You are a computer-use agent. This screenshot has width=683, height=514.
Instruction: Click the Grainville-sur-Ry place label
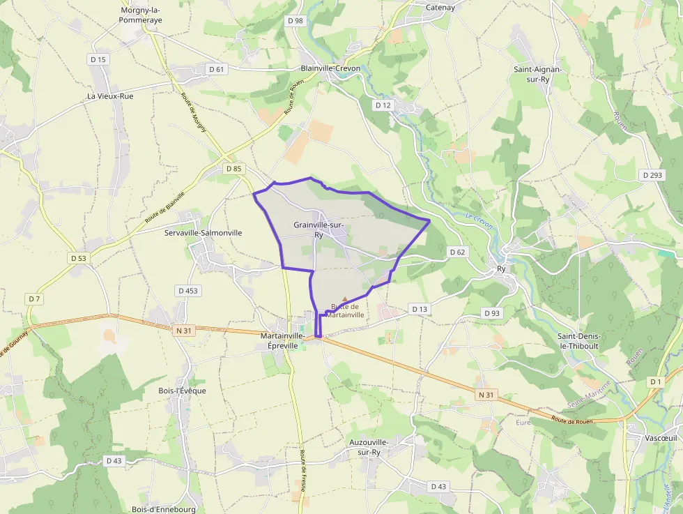pos(319,229)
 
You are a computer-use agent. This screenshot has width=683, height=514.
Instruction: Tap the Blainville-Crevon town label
pos(330,68)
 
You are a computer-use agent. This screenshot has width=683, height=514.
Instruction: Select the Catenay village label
pos(440,8)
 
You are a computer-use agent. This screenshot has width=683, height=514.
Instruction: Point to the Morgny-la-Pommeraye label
pos(141,15)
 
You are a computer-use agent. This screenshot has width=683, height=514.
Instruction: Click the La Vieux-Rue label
pos(110,96)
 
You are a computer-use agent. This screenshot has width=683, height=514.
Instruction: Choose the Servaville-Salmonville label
pos(203,232)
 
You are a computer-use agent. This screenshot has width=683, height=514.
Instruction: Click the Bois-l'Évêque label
pos(183,391)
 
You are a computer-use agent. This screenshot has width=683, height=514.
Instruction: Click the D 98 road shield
pos(296,21)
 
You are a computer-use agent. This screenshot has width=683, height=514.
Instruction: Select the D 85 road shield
pos(233,169)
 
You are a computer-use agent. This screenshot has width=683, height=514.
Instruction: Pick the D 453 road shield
pos(187,290)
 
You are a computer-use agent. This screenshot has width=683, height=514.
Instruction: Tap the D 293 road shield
pos(652,175)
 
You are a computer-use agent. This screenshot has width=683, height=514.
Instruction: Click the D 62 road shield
pos(457,252)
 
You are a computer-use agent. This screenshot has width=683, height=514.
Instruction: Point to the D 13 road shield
pos(419,308)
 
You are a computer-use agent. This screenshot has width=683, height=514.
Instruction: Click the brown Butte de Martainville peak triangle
pos(344,299)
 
